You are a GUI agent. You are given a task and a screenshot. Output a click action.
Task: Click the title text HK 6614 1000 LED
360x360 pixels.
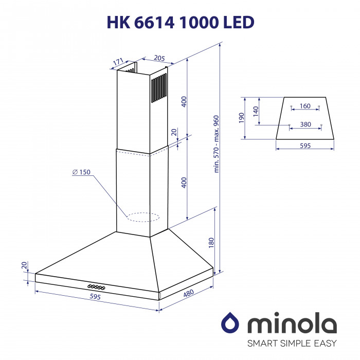(x=180, y=22)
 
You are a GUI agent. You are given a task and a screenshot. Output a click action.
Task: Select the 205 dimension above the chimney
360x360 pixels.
(x=159, y=59)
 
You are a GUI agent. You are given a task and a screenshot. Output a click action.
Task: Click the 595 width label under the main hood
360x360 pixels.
(x=96, y=297)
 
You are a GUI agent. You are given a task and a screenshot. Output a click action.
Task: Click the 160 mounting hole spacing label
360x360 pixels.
(x=305, y=106)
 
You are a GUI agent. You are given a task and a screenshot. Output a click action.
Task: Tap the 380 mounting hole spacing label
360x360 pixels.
(x=305, y=124)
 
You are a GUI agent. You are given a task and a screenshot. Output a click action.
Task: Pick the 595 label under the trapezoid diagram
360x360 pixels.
(x=305, y=146)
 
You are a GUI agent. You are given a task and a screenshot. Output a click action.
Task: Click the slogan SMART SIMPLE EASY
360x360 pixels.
(x=292, y=343)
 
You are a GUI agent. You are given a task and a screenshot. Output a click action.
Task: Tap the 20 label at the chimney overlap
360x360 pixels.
(x=174, y=133)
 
